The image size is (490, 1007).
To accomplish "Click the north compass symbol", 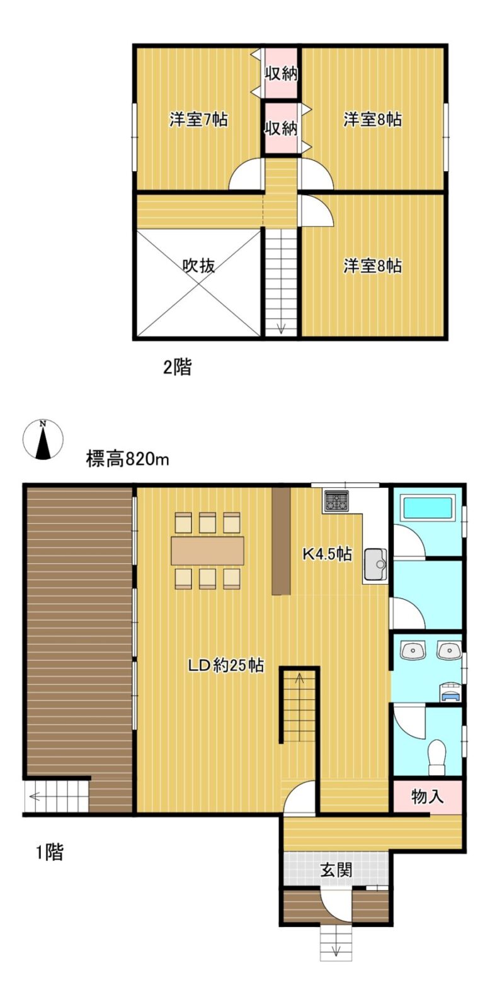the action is [43, 439].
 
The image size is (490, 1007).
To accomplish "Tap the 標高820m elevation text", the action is [127, 459].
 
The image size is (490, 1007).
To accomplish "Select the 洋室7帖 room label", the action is [198, 120].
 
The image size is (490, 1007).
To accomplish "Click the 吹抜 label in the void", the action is [198, 266].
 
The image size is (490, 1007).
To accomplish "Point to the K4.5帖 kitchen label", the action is [327, 554].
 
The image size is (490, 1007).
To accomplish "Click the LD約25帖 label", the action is [226, 665].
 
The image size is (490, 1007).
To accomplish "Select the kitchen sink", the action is [376, 565].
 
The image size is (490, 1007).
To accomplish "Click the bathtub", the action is [429, 508].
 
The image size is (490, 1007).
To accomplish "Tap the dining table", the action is [207, 551].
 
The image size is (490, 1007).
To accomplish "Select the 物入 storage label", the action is [428, 796].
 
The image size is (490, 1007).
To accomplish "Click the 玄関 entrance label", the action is [336, 870].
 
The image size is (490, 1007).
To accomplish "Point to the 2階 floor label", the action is [177, 368].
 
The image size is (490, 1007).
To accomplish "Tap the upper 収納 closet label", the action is [281, 73].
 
